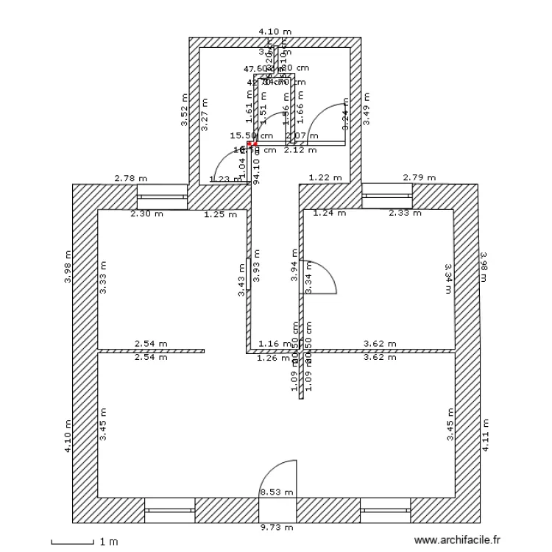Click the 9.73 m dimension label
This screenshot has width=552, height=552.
(277, 527)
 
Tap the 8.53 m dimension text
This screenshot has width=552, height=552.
(277, 492)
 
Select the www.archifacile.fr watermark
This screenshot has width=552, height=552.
(457, 539)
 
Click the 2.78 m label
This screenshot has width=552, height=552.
(130, 178)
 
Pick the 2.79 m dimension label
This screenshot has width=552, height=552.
(420, 178)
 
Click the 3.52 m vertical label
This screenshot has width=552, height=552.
(185, 113)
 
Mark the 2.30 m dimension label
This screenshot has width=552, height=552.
(145, 214)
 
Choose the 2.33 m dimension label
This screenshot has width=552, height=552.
(405, 213)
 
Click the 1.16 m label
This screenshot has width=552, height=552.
(275, 344)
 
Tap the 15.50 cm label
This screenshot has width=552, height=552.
(252, 135)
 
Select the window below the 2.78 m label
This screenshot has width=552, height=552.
(162, 197)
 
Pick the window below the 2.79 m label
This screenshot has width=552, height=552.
(387, 197)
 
